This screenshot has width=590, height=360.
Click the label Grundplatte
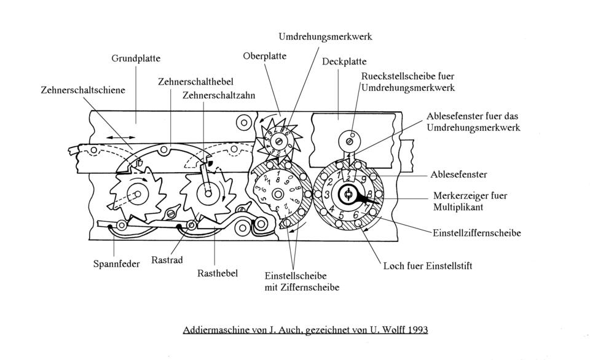click(x=136, y=59)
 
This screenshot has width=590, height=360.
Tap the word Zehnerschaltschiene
click(x=83, y=90)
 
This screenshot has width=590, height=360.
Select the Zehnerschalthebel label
click(x=195, y=82)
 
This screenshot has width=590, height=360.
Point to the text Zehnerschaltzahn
click(x=219, y=96)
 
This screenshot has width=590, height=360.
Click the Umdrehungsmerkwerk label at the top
click(x=326, y=37)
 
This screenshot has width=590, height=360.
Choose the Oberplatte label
click(x=264, y=57)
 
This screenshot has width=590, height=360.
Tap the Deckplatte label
click(x=344, y=61)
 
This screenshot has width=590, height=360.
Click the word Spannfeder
click(x=116, y=264)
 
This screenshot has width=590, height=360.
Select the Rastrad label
click(x=167, y=260)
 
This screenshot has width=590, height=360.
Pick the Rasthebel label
click(x=218, y=273)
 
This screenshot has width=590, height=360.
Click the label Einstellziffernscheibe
click(x=477, y=233)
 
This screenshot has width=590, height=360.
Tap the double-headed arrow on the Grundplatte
click(x=121, y=138)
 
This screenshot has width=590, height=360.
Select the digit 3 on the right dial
click(x=327, y=195)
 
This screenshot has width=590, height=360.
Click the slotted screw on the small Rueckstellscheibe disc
click(x=349, y=142)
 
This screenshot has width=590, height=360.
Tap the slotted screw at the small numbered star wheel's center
click(x=279, y=141)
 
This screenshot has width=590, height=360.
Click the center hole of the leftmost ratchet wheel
click(x=137, y=194)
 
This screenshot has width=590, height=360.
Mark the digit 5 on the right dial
click(x=341, y=216)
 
